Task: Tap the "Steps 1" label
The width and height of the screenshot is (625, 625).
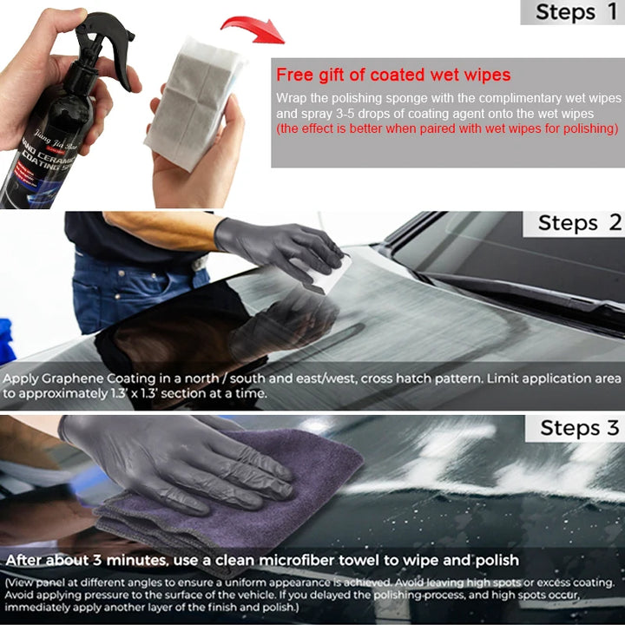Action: pos(576,12)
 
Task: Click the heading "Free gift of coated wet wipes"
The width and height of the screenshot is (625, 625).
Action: pos(393,76)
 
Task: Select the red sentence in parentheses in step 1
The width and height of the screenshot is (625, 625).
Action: pos(446,128)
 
